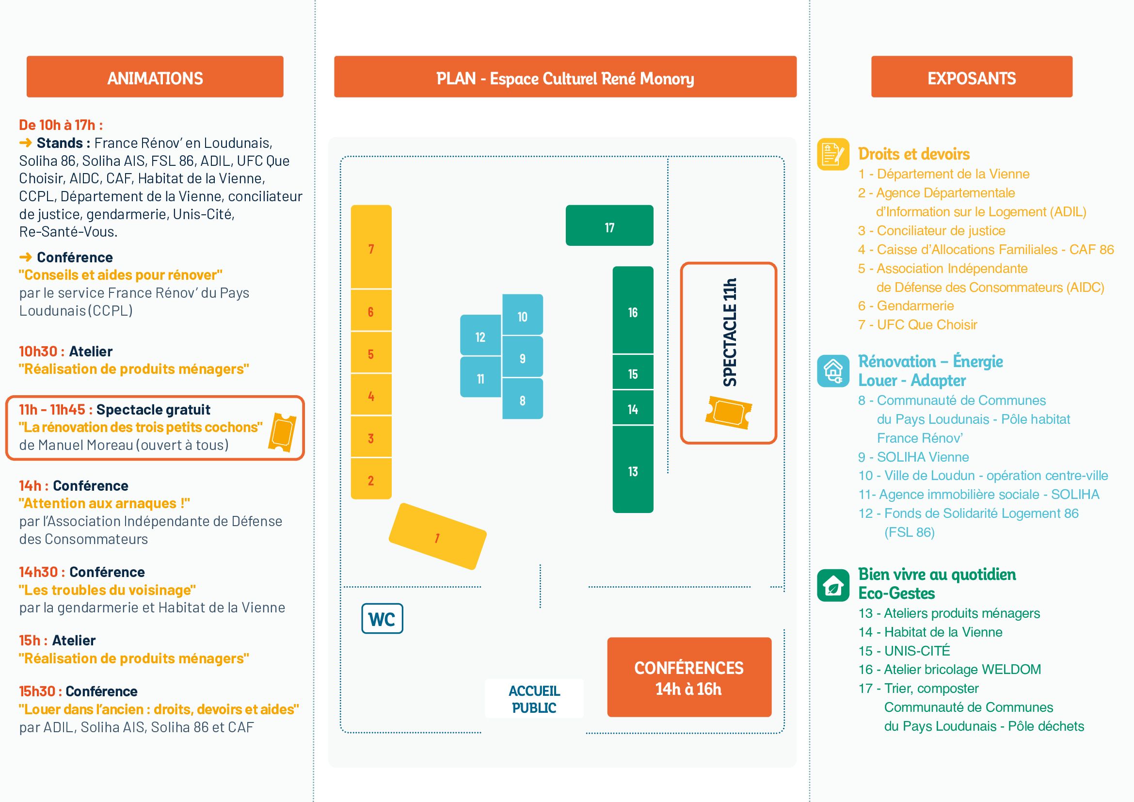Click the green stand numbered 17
pos(609,225)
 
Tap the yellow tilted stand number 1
pos(438,536)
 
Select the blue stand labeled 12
pos(480,336)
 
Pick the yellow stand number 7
pos(371,247)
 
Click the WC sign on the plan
pos(382,618)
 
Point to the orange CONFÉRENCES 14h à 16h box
pos(689,677)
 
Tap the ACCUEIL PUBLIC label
pos(534,698)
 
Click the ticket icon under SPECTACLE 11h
pos(729,412)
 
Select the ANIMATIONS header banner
pos(155,77)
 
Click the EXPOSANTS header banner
pos(972,77)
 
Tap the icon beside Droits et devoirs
pos(833,154)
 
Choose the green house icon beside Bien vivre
pos(833,585)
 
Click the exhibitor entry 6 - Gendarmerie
pos(906,305)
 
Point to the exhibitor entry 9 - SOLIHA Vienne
pos(913,457)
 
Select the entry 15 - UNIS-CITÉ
pos(904,651)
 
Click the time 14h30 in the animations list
pos(38,572)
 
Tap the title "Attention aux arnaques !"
pos(104,503)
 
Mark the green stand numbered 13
pos(633,470)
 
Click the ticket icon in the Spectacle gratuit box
pos(282,432)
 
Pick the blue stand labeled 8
pos(523,400)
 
